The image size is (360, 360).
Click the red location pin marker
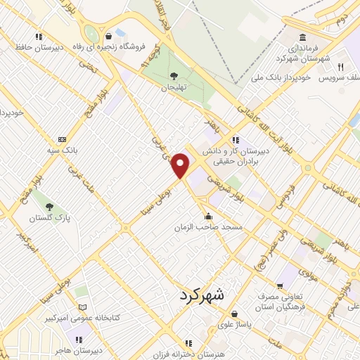(x=181, y=165)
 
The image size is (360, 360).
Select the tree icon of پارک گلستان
(x=49, y=207)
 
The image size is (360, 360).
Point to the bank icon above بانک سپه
(x=63, y=139)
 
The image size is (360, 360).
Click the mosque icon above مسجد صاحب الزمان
(x=209, y=216)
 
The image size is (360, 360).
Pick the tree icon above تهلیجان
(x=174, y=76)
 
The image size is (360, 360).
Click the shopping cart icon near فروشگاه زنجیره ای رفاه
(x=108, y=37)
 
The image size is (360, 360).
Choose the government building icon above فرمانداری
(x=302, y=37)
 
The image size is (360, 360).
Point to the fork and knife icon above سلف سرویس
(x=340, y=66)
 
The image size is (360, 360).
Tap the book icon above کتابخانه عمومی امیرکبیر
(x=83, y=308)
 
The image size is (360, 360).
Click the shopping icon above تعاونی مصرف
(x=281, y=287)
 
